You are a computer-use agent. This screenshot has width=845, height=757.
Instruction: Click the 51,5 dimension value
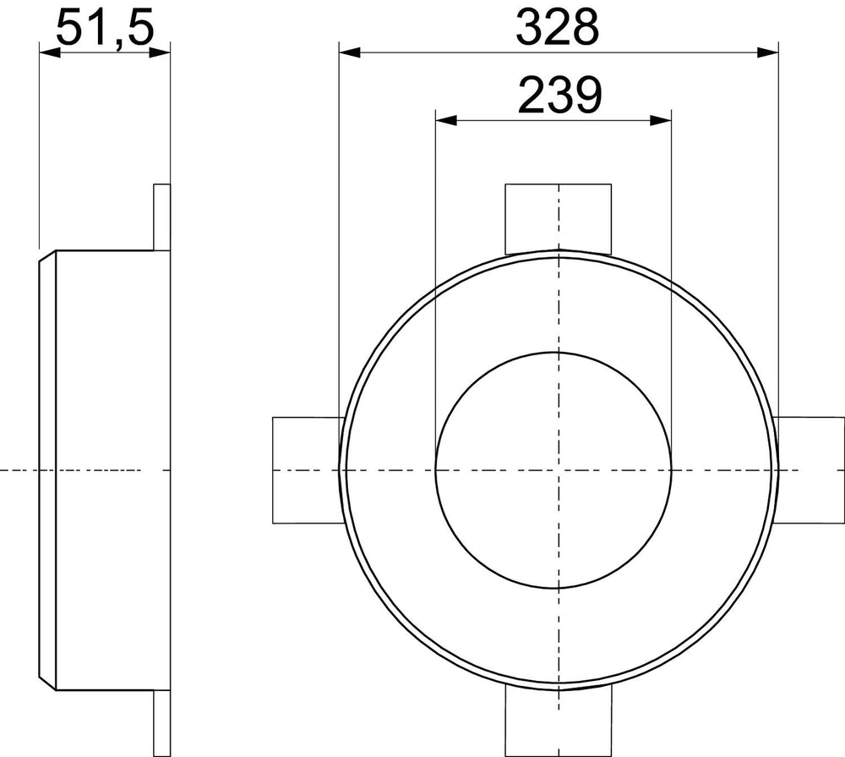(105, 27)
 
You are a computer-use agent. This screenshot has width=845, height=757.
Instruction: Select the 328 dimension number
(557, 27)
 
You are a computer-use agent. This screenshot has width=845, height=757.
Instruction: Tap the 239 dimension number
(559, 95)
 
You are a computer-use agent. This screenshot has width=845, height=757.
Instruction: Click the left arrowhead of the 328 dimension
(349, 52)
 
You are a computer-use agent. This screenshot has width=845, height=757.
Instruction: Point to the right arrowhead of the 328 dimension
(768, 52)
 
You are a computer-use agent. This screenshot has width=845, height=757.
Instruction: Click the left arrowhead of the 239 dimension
(446, 120)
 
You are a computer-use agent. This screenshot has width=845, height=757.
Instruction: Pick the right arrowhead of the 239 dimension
(661, 120)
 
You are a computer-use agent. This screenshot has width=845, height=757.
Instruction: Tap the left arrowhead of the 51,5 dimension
(50, 52)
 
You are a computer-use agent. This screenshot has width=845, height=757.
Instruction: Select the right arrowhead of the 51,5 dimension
(160, 52)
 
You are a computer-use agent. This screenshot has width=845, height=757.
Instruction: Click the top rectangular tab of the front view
(559, 218)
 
